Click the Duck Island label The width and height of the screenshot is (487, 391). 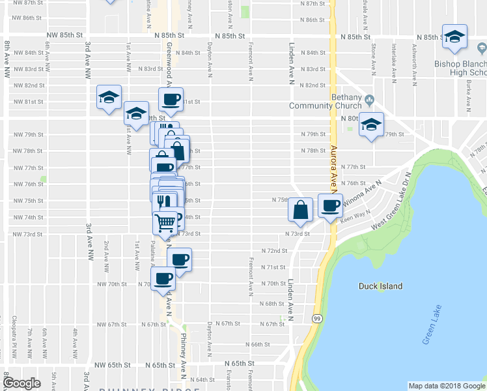point(381,286)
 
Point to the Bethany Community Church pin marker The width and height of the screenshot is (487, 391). point(370,100)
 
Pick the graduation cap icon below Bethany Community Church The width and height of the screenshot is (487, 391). point(371,125)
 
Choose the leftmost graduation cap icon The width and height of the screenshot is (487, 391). point(109,98)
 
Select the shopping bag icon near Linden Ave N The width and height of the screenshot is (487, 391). point(301,209)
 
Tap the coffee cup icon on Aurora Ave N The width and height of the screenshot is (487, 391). point(330,205)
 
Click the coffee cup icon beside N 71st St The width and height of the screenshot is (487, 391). point(179,259)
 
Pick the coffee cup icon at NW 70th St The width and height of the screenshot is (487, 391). point(163,279)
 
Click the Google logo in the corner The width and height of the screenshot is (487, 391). point(21,383)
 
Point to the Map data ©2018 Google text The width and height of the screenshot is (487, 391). point(446,386)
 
